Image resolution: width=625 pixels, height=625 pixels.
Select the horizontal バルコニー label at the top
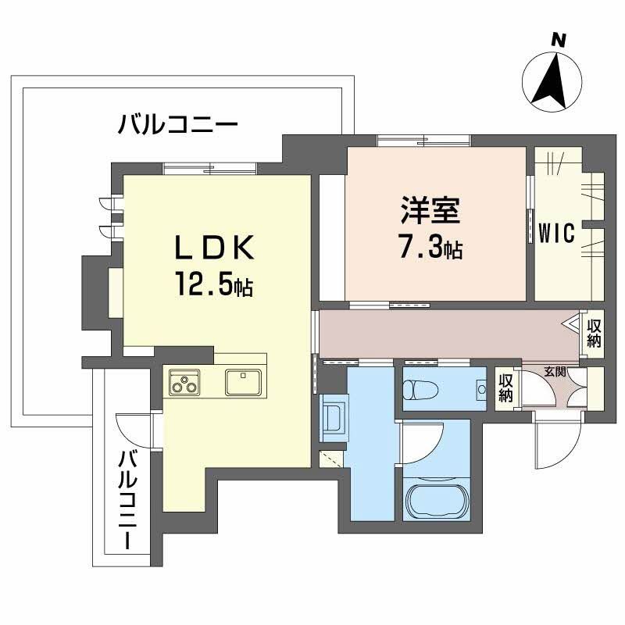tap(177, 123)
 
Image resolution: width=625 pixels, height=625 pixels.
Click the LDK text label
tap(212, 249)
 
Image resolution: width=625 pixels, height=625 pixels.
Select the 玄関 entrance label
tap(554, 370)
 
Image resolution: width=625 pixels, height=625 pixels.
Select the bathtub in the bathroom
tap(437, 495)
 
